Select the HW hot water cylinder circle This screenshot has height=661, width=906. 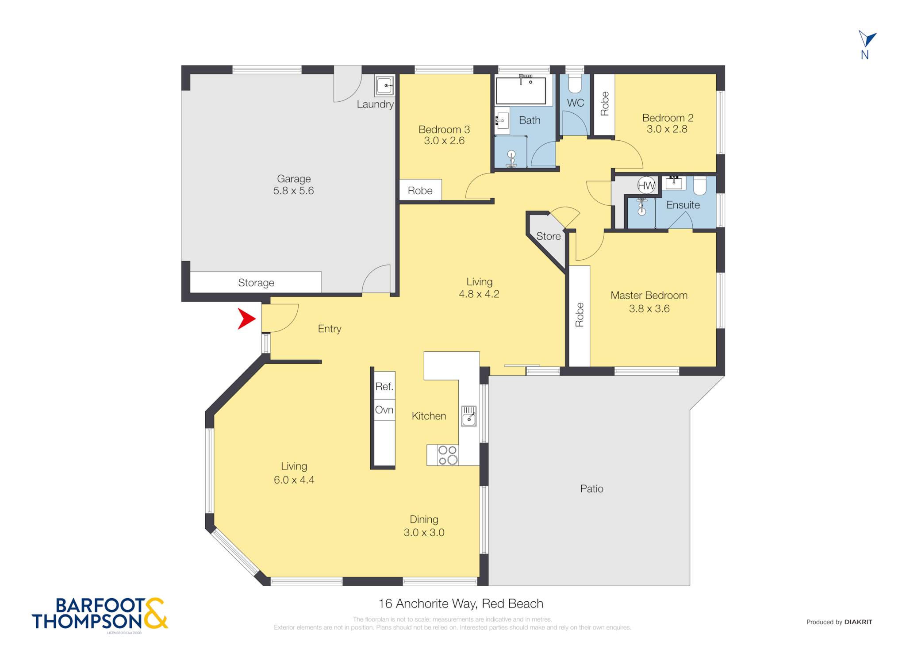[x=646, y=185]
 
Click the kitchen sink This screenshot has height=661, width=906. [x=469, y=416]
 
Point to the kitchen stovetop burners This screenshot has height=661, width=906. [x=448, y=455]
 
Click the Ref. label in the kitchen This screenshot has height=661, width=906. [x=384, y=386]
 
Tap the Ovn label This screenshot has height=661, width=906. [x=384, y=410]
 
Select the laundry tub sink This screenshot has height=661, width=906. [x=384, y=85]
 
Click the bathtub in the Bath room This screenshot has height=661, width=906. [x=521, y=90]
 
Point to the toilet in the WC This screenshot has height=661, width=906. [x=575, y=84]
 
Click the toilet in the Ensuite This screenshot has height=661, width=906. [x=699, y=185]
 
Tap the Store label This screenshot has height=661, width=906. [x=549, y=236]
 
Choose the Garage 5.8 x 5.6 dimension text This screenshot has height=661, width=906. [x=294, y=191]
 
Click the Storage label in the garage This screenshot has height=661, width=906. [x=256, y=283]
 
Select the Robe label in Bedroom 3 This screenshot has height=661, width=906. [x=420, y=191]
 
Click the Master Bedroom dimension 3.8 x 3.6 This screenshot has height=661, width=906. [x=649, y=308]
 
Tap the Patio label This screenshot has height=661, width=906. [x=591, y=488]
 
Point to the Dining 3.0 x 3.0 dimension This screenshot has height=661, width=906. [x=424, y=532]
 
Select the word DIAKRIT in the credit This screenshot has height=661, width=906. [x=858, y=622]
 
